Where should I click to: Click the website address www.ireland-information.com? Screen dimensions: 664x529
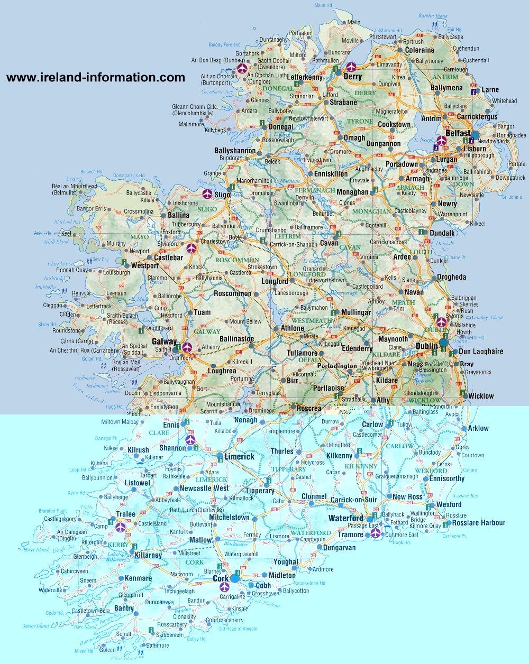[96, 78]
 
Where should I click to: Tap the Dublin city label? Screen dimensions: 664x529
[426, 346]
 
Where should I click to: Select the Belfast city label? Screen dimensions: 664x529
[458, 134]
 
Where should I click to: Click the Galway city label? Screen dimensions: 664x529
[163, 342]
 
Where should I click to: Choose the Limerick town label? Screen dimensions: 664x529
[239, 456]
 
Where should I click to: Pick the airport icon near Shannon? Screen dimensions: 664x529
[189, 439]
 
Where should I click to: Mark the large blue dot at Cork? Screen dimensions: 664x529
[234, 579]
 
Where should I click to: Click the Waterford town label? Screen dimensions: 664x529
[345, 518]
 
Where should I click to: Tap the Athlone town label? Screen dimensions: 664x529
[292, 328]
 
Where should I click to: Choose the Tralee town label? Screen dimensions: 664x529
[126, 514]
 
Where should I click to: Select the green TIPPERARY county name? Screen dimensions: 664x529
[288, 469]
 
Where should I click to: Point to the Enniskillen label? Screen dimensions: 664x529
[331, 173]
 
